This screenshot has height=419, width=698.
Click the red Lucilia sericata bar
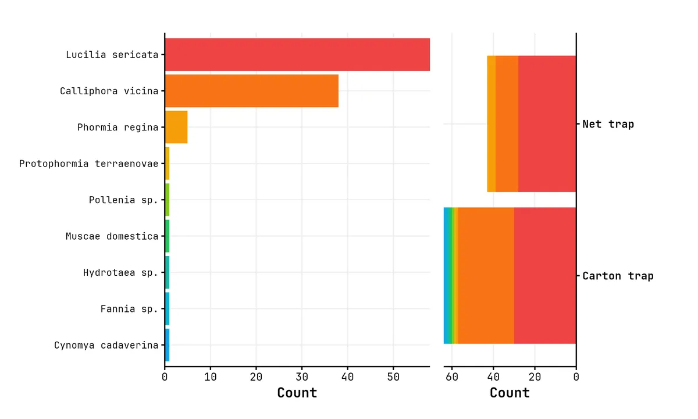pyautogui.click(x=297, y=55)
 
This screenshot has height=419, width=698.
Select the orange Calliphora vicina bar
pyautogui.click(x=251, y=91)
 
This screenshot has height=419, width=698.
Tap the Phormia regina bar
pyautogui.click(x=176, y=127)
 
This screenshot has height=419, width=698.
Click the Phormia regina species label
pyautogui.click(x=117, y=127)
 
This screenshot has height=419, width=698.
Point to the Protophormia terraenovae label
pyautogui.click(x=88, y=164)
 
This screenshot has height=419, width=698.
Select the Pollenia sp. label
pyautogui.click(x=123, y=200)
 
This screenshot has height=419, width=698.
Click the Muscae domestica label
pyautogui.click(x=112, y=236)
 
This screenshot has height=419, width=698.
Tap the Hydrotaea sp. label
pyautogui.click(x=120, y=272)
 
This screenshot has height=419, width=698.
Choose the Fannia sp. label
pyautogui.click(x=129, y=309)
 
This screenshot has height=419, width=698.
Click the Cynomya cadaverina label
pyautogui.click(x=106, y=345)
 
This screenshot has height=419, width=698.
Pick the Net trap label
pyautogui.click(x=608, y=124)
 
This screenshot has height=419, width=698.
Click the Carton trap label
pyautogui.click(x=618, y=276)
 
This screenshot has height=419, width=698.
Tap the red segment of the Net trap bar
pyautogui.click(x=547, y=124)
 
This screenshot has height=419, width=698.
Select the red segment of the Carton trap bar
pyautogui.click(x=545, y=276)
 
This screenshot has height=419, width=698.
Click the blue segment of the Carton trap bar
pyautogui.click(x=447, y=276)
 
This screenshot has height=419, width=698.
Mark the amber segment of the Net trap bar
pyautogui.click(x=492, y=124)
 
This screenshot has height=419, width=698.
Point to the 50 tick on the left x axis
pyautogui.click(x=393, y=377)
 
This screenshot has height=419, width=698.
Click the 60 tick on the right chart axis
pyautogui.click(x=452, y=377)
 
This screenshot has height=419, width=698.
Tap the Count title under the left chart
pyautogui.click(x=297, y=393)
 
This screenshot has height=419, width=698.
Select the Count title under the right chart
pyautogui.click(x=510, y=393)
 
